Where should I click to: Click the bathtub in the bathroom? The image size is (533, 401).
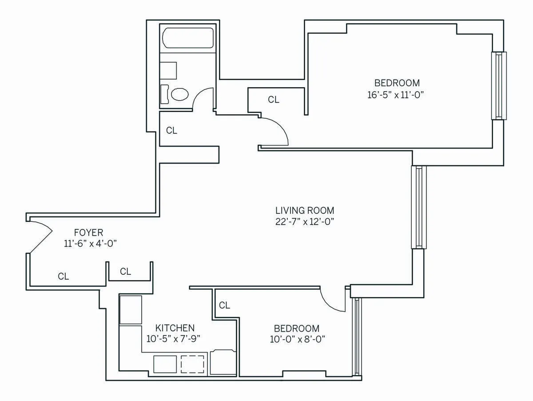189,39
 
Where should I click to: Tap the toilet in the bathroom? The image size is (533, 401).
179,94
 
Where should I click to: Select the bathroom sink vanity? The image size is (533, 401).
168,71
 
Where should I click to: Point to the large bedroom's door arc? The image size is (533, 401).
278,131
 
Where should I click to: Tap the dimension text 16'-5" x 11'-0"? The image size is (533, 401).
397,95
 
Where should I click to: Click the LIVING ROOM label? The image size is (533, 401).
305,210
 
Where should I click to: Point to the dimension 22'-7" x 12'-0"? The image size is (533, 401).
305,222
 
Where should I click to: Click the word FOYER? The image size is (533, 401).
88,233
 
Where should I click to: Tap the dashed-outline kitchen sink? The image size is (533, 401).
193,364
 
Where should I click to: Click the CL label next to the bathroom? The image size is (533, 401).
171,131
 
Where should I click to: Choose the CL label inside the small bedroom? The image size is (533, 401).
224,305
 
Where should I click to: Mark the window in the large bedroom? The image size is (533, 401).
498,85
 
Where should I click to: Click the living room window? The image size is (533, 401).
418,207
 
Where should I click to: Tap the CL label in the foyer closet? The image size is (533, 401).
64,277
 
